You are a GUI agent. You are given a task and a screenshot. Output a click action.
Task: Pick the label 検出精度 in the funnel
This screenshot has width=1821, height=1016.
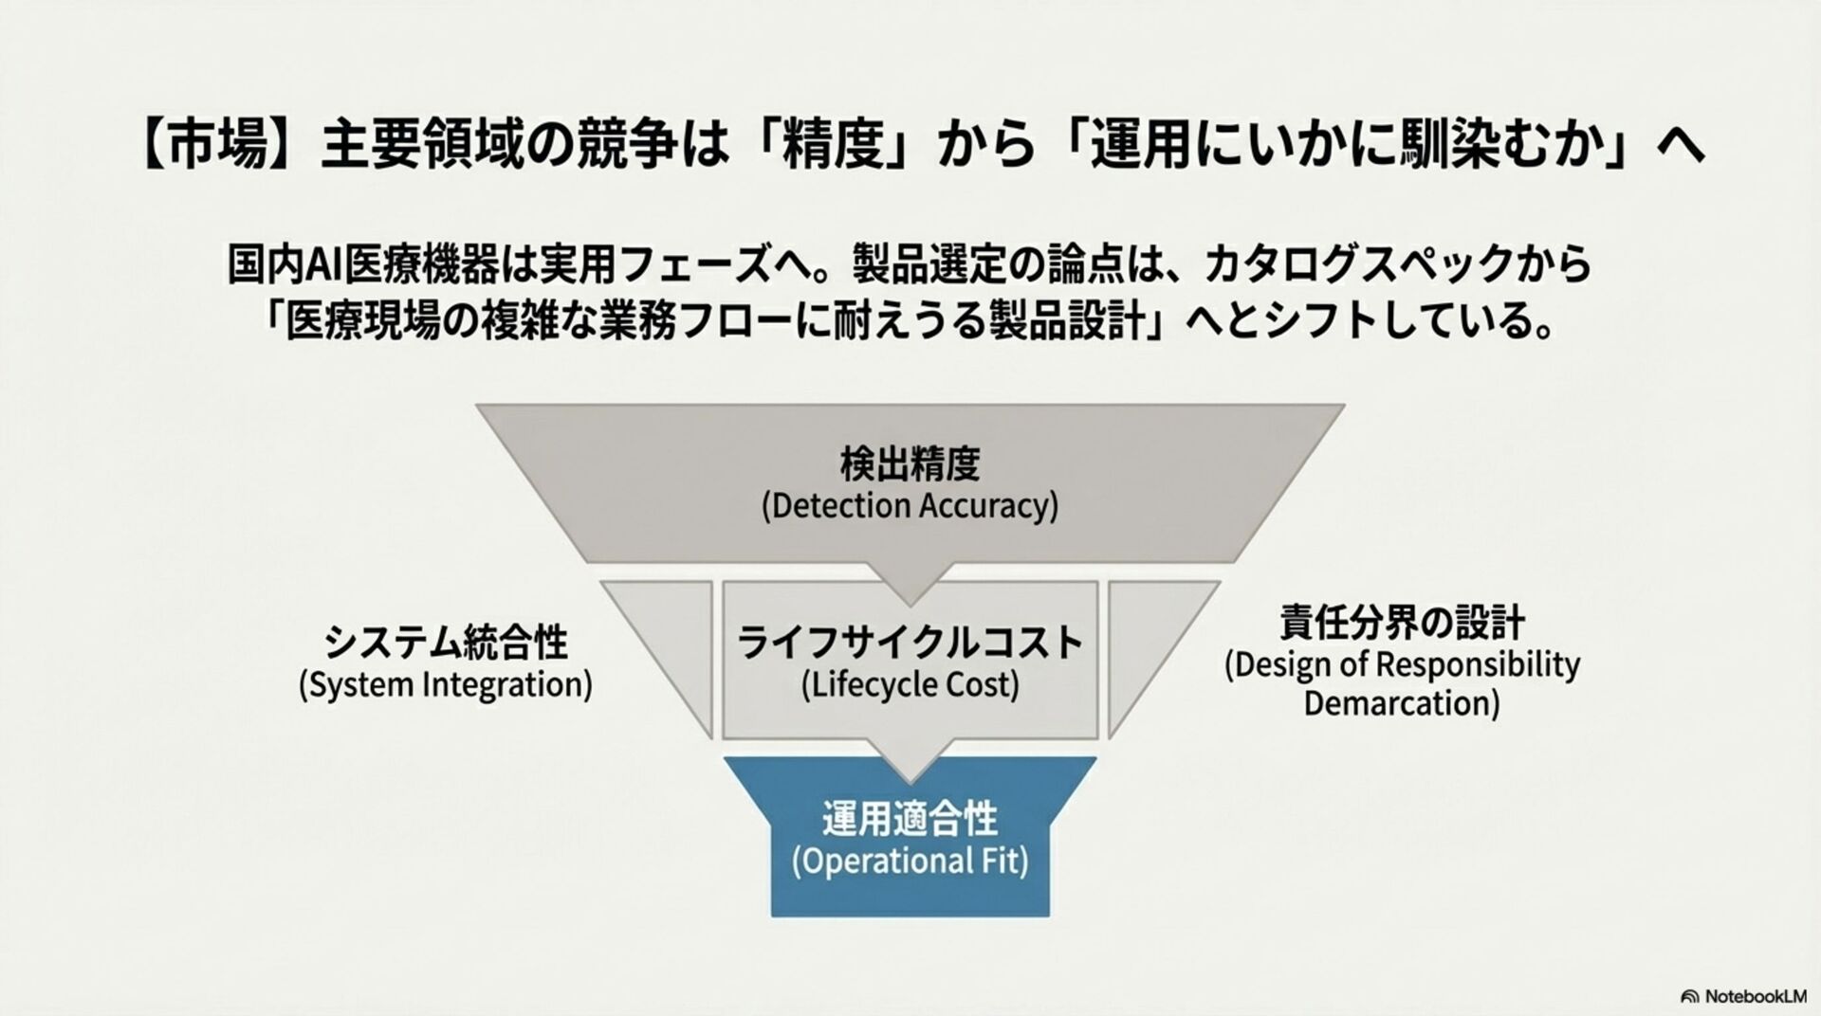coord(910,464)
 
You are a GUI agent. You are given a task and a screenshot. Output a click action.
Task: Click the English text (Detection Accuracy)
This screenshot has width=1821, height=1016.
coord(910,506)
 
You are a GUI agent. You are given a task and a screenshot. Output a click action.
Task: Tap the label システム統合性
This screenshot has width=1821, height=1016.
coord(445,643)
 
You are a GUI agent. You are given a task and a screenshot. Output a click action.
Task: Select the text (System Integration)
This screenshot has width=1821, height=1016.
coord(445,684)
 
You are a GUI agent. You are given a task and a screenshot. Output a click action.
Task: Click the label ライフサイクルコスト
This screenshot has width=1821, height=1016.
coord(910,643)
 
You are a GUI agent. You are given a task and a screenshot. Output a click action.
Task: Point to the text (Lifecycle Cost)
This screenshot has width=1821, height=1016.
coord(910,684)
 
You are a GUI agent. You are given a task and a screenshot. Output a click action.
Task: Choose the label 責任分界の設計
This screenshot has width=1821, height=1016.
coord(1402,624)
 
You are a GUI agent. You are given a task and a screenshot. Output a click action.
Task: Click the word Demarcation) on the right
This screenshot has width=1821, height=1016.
coord(1402,704)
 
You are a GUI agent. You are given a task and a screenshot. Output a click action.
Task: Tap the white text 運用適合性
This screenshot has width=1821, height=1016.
coord(910,820)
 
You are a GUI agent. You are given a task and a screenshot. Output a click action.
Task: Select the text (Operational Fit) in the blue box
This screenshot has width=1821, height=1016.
coord(910,862)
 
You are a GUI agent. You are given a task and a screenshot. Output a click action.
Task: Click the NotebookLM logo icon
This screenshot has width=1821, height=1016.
coord(1689,996)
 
